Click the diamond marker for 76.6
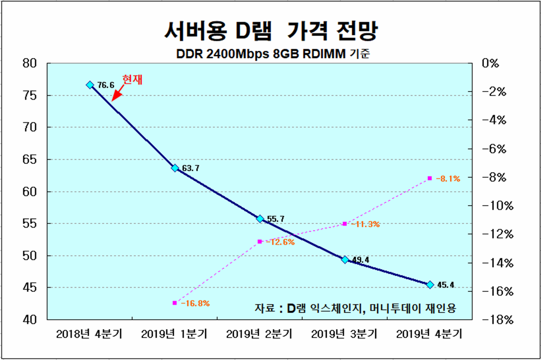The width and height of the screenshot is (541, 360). (x=90, y=85)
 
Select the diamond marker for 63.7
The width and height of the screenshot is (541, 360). (x=175, y=168)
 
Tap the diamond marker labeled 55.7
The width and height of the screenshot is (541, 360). (x=260, y=219)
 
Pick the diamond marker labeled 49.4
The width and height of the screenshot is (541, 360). (x=345, y=259)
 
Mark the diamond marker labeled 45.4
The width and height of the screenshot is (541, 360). (x=430, y=285)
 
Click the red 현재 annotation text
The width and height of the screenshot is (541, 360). (x=133, y=80)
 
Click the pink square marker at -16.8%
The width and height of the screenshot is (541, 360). (x=174, y=303)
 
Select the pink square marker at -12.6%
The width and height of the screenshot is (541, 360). (x=260, y=242)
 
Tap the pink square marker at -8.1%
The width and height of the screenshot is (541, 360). (x=430, y=178)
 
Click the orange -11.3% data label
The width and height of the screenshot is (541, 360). (x=365, y=224)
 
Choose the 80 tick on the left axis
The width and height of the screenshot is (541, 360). (x=30, y=63)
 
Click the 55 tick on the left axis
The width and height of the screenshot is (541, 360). (x=30, y=223)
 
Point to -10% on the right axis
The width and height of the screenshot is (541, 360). (x=499, y=206)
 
